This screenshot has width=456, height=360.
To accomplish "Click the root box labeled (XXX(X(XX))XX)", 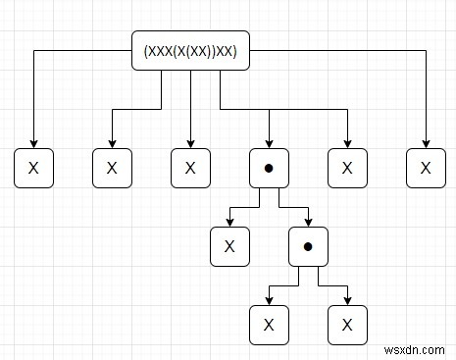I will point(190,50).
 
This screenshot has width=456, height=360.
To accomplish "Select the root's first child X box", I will point(33,168).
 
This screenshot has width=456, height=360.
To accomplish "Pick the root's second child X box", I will point(112,168).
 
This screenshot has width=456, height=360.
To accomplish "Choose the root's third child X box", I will point(190,168).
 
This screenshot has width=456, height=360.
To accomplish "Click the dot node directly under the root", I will point(269,168).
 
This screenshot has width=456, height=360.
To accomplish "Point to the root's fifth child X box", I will point(347,168).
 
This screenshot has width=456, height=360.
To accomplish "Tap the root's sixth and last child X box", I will point(426,168).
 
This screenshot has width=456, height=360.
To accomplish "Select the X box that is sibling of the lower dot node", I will point(229,246).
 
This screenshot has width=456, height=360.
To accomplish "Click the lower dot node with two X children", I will point(308,246).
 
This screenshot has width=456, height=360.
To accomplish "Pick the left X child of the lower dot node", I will point(269,325).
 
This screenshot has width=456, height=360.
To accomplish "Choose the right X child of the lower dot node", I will point(347,325).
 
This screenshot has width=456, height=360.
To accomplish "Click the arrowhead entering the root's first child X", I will point(33,143).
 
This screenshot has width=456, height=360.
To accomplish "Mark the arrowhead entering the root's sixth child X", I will point(426,143).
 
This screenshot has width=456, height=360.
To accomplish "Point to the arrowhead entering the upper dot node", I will point(269,143).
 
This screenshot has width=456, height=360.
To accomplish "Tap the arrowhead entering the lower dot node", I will point(308,222).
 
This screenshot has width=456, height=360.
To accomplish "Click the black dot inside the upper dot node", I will point(269,168).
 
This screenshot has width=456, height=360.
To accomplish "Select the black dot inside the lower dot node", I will point(308,246).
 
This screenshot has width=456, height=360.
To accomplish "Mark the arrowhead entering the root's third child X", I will point(190,143).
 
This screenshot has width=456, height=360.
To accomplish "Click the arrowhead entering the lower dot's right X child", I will point(347,300).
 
